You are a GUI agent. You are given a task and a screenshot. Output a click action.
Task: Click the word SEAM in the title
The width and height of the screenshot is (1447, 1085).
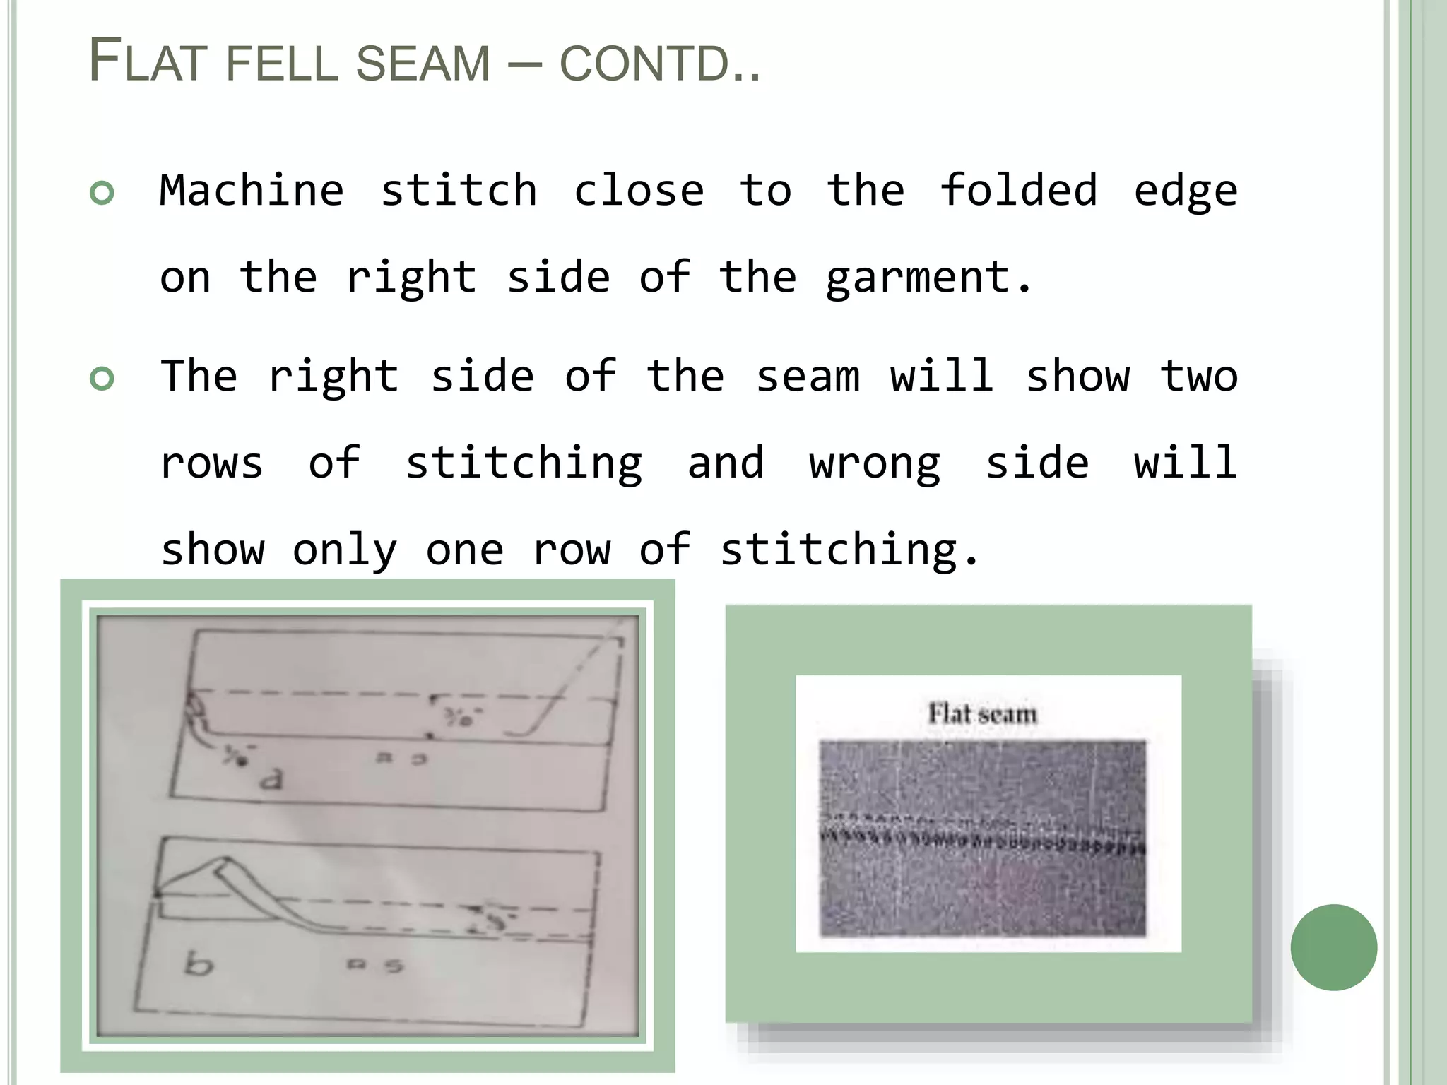point(423,63)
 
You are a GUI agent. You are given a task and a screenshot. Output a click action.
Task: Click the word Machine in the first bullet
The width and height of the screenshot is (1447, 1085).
point(252,191)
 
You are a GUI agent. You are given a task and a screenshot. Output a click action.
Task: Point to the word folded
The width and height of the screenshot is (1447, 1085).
point(1018,191)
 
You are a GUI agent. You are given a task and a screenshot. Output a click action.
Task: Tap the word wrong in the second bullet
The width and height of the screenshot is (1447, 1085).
point(875,463)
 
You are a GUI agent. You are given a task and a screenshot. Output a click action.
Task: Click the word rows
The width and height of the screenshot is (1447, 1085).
point(211,463)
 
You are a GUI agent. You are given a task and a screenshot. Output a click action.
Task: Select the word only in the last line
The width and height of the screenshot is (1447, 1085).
point(345,550)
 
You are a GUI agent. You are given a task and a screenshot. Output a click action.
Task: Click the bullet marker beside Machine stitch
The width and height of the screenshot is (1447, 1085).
point(102,193)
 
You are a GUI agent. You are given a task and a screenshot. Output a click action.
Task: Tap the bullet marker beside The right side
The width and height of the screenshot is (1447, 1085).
point(102,379)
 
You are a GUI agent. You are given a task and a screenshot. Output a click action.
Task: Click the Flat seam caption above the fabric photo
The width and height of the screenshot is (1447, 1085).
point(982,713)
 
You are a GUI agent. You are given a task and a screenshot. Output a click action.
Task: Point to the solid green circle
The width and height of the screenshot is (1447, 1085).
point(1333,947)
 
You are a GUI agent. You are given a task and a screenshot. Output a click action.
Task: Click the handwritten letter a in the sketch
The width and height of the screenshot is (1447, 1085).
point(271,779)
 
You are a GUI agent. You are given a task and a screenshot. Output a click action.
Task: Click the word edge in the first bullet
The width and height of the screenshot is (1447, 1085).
point(1185,191)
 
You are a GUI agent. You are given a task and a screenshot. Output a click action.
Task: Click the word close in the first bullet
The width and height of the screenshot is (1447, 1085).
point(639,191)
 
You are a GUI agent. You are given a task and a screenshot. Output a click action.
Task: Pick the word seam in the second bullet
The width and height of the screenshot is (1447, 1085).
point(808,377)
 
